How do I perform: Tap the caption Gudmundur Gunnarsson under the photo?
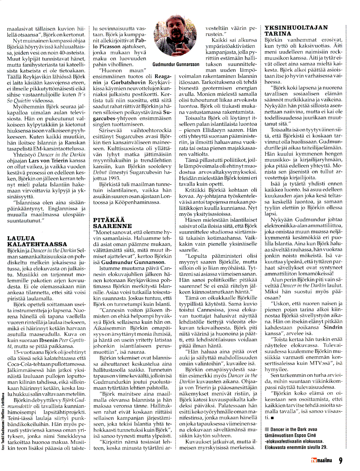(176, 65)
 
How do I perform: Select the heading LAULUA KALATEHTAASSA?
(37, 241)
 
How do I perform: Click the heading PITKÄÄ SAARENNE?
(112, 223)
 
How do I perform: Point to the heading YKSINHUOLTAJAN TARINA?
(296, 31)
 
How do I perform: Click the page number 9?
(340, 460)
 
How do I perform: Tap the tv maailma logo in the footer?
(321, 460)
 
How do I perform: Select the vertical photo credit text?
(3, 421)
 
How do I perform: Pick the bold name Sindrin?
(333, 327)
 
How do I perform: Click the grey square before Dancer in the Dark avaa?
(267, 429)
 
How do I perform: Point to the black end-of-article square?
(272, 418)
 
